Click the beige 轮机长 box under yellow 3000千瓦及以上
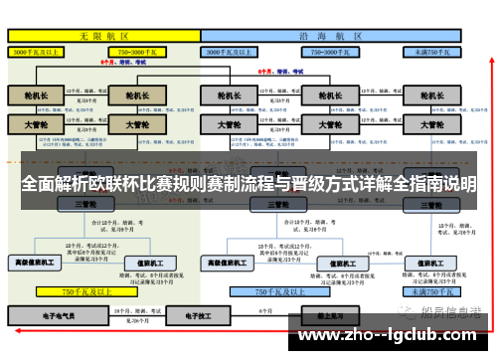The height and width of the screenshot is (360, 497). click(35, 97)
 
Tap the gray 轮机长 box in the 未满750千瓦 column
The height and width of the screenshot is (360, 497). click(431, 97)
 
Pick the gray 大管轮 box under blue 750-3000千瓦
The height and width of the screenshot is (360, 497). click(323, 126)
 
